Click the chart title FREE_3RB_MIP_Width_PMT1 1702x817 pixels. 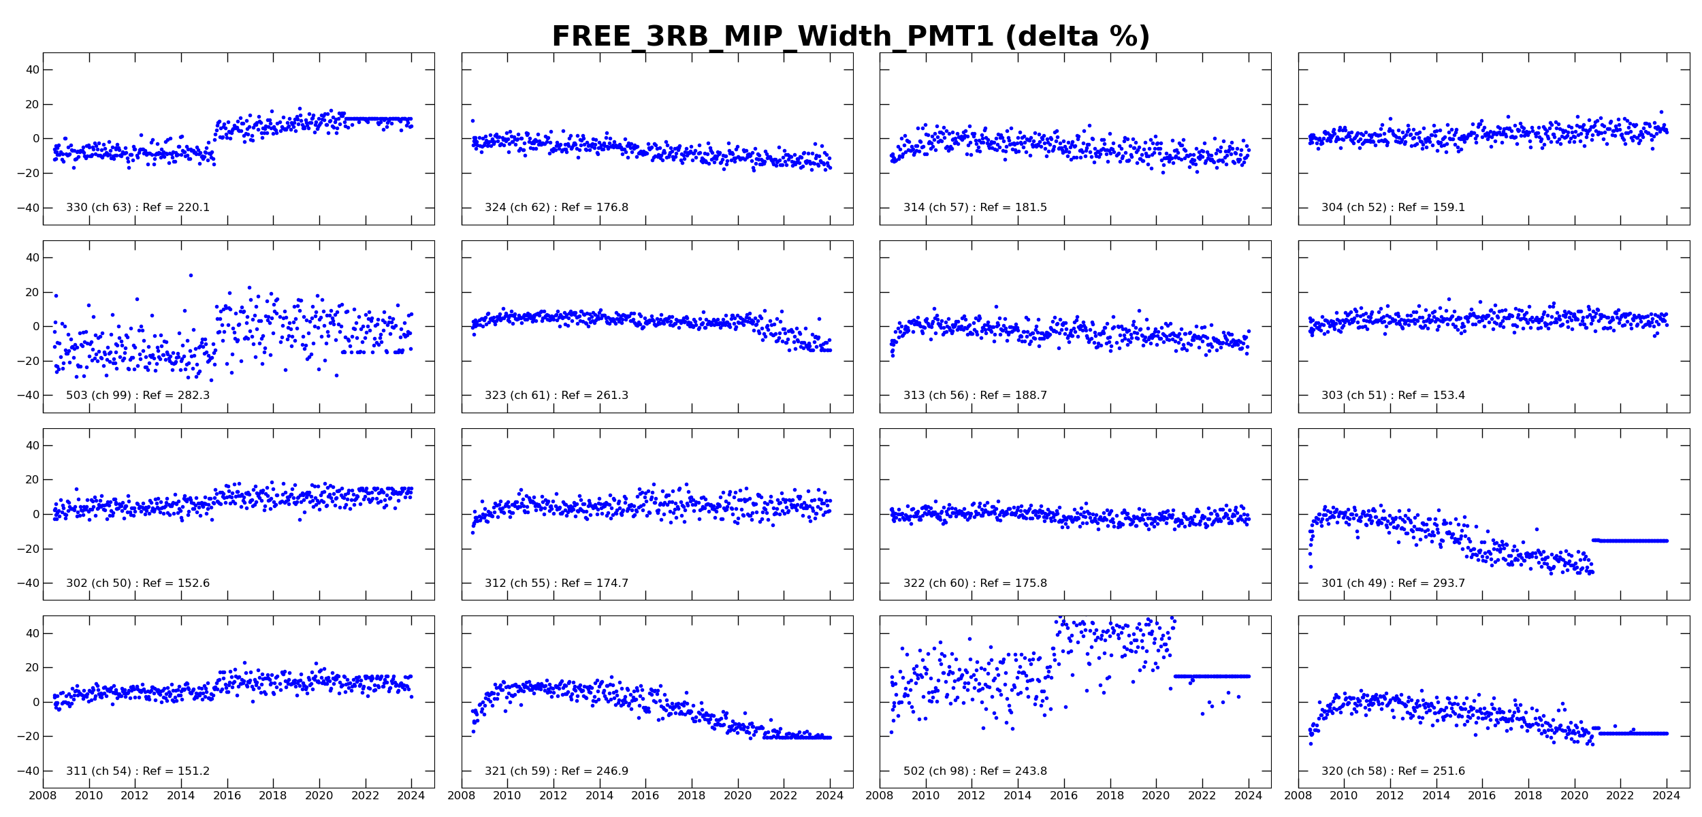[x=850, y=37]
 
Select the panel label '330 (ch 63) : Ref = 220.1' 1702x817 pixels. [x=138, y=208]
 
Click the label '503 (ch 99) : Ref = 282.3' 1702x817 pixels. [x=138, y=396]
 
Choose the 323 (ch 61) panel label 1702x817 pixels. [x=556, y=396]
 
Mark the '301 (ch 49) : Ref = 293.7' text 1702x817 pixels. [x=1393, y=583]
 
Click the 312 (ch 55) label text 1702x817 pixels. [x=556, y=583]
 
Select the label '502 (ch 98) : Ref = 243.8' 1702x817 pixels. [x=975, y=771]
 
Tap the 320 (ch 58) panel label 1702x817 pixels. [x=1393, y=771]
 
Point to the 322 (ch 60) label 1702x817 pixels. [x=975, y=583]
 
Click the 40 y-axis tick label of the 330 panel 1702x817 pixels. [x=32, y=69]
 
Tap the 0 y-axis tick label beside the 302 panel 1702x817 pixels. [x=36, y=515]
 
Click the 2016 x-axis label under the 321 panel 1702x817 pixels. [x=645, y=796]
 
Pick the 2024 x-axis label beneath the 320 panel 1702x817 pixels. [x=1666, y=796]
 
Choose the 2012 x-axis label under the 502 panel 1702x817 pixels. [x=971, y=796]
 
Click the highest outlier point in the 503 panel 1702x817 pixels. [x=191, y=276]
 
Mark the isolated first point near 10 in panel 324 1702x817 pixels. [x=472, y=121]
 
